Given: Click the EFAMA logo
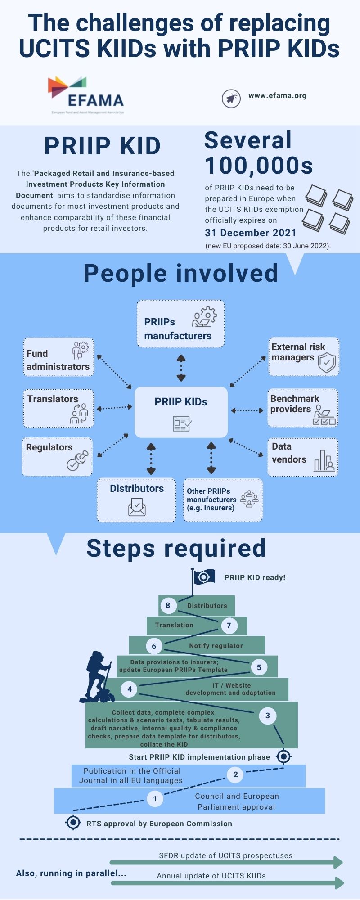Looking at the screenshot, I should point(86,95).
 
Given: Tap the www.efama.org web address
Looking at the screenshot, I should point(277,96).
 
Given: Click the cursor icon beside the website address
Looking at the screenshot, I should point(231,98).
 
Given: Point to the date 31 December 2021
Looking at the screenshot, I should point(251,233).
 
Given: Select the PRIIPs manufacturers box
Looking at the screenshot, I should point(180,324).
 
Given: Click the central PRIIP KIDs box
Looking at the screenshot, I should point(181,412).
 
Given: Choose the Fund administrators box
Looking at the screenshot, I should point(58,357).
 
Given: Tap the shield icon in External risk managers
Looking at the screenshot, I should point(327,363).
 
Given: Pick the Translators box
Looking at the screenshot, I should point(58,408).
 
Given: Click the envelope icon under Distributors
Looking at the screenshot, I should point(137,508).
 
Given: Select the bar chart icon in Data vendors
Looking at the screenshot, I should point(324,460).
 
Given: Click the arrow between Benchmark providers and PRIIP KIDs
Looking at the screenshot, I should point(247,410).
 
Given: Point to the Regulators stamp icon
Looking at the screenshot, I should point(78,461).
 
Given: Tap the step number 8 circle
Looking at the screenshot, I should point(168,606).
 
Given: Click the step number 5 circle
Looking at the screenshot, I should point(259,667).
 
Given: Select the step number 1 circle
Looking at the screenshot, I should point(155,799).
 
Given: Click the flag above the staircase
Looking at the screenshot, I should point(204,576).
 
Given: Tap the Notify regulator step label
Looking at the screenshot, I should point(216,646).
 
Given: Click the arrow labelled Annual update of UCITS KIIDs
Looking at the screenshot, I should point(227,883).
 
